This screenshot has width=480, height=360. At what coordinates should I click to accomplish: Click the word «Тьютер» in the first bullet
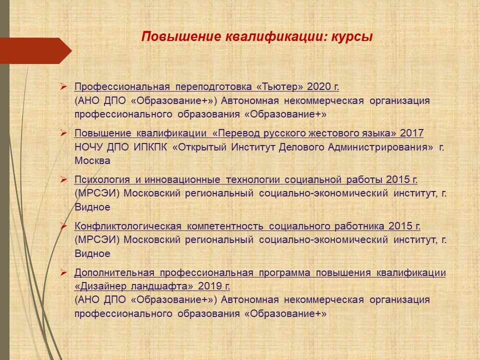click(x=279, y=86)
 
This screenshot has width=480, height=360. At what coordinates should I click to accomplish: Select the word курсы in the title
click(x=352, y=37)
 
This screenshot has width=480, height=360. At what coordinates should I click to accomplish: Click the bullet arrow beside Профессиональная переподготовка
click(x=63, y=86)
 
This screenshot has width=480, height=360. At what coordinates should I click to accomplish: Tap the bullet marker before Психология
click(x=63, y=179)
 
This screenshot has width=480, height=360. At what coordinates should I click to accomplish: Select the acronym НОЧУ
click(x=89, y=147)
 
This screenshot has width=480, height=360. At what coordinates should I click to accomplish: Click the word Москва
click(x=92, y=160)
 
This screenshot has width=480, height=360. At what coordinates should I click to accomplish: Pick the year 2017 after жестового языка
click(x=411, y=133)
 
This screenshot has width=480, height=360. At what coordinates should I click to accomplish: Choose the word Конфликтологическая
click(x=128, y=226)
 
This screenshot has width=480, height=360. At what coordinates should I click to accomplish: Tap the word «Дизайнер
click(x=100, y=286)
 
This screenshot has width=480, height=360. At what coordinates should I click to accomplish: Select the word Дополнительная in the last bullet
click(x=114, y=273)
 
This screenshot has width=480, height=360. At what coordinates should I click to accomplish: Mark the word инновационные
click(x=182, y=179)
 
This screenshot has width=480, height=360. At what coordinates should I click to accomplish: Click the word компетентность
click(x=225, y=226)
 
